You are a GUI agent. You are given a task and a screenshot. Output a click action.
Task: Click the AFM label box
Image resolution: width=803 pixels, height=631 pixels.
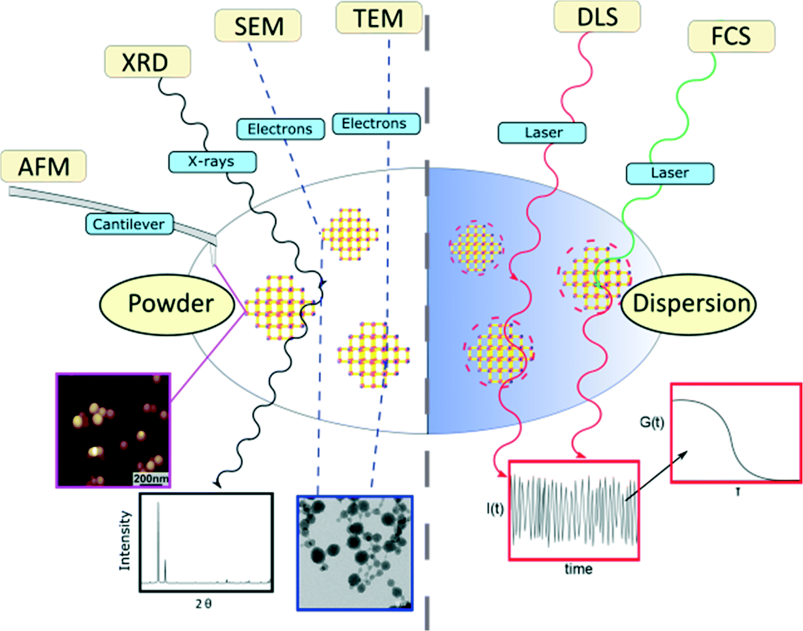coord(43,166)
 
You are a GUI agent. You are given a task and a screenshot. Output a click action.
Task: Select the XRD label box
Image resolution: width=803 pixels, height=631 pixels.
coord(147,62)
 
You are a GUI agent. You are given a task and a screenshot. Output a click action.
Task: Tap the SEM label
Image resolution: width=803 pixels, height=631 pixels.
coord(258,26)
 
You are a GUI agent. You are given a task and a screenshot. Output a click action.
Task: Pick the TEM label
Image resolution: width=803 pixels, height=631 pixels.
coord(379,18)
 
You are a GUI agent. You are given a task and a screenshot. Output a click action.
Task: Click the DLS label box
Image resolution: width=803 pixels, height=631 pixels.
coord(597,17)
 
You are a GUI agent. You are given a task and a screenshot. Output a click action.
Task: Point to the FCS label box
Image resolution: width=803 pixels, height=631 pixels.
coord(731,36)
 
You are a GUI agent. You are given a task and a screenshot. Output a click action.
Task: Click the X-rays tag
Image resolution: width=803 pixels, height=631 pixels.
coord(212,162)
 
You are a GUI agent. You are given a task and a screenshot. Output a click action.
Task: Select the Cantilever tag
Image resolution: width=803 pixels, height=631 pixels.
coord(129,224)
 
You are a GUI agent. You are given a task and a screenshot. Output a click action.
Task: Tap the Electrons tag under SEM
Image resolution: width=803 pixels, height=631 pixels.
coord(280,129)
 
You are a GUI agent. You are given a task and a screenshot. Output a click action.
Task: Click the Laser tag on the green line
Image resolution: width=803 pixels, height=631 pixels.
coord(670,173)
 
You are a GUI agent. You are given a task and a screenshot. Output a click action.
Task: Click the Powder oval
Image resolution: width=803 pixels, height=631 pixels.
coord(170,304)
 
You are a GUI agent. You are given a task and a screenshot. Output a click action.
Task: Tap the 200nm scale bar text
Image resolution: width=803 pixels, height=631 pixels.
coord(151,479)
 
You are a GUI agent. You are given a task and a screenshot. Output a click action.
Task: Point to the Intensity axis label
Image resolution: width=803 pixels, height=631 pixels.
coord(125,541)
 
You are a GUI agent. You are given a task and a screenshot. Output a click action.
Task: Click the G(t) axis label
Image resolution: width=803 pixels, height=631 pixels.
coord(652,422)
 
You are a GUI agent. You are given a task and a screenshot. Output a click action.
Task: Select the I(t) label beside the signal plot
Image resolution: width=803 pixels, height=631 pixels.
coord(495,509)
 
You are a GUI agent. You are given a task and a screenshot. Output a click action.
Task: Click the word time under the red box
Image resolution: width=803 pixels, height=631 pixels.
coord(578,569)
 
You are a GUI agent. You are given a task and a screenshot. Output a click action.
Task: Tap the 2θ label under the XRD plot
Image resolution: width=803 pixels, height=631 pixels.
coord(204,603)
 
